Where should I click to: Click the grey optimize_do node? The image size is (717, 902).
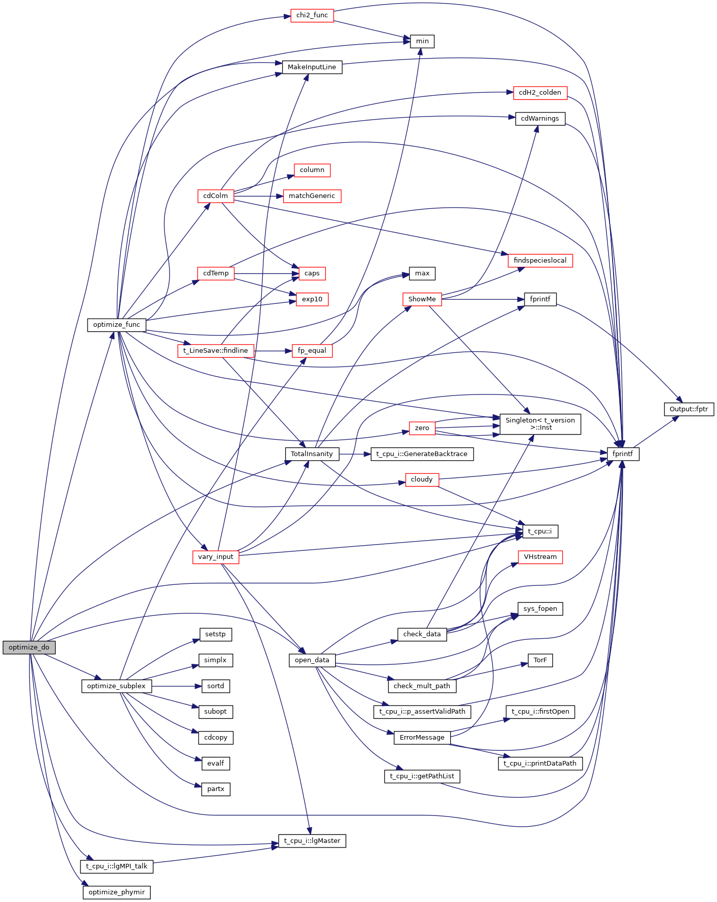click(x=29, y=647)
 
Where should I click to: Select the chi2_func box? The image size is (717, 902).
click(x=312, y=15)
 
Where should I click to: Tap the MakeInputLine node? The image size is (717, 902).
click(x=312, y=67)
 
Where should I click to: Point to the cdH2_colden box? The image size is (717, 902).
click(x=540, y=93)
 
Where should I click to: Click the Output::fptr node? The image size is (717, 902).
click(x=688, y=409)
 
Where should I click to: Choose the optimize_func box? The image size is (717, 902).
click(x=117, y=325)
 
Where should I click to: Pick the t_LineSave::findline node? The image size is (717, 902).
click(x=215, y=351)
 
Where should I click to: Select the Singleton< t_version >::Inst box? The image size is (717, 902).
click(x=540, y=424)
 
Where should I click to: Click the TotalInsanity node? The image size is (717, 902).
click(x=312, y=454)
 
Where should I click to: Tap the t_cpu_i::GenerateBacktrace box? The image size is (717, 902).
click(x=422, y=454)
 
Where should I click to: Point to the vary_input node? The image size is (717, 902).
click(x=215, y=557)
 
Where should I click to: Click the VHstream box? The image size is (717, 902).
click(x=540, y=557)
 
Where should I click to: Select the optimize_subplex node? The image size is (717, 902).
click(x=117, y=686)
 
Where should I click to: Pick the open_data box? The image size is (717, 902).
click(x=312, y=660)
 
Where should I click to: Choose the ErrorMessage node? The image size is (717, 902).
click(x=422, y=738)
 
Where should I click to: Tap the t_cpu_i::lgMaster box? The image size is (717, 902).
click(x=312, y=841)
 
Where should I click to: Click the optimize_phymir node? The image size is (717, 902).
click(x=117, y=892)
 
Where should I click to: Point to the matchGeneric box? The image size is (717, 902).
click(x=312, y=196)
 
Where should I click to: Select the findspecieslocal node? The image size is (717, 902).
click(x=540, y=261)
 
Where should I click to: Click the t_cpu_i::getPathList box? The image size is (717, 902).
click(x=422, y=776)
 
